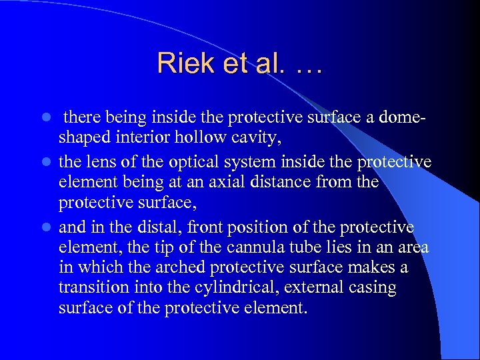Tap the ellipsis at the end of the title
click(x=306, y=65)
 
